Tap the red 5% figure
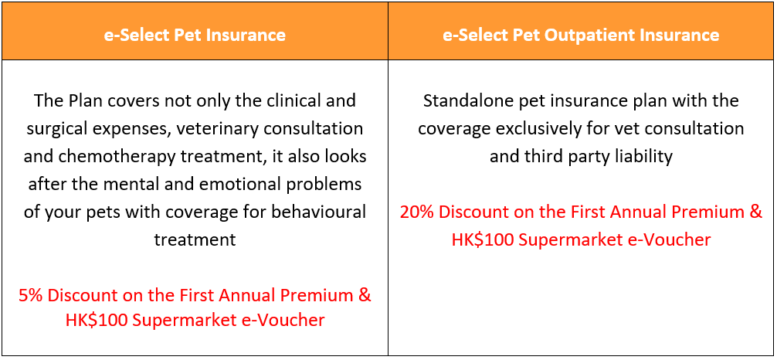pyautogui.click(x=31, y=296)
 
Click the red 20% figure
pyautogui.click(x=417, y=212)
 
